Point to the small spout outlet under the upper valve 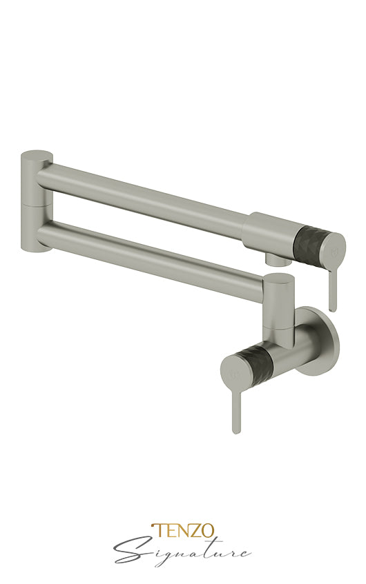click(275, 260)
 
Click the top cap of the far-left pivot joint click(34, 155)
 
